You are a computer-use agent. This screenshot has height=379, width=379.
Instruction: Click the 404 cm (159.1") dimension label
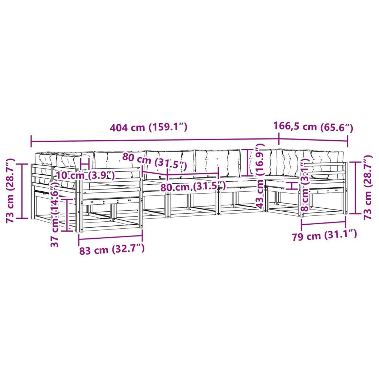tap(148, 127)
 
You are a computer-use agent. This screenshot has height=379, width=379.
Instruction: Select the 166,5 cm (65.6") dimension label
tap(313, 127)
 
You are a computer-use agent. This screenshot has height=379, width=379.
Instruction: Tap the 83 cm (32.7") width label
tap(112, 249)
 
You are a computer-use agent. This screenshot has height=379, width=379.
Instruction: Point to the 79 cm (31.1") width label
tap(324, 235)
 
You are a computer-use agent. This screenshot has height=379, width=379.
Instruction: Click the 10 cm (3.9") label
tap(85, 175)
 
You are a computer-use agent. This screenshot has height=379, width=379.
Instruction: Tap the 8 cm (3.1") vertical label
tap(305, 185)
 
